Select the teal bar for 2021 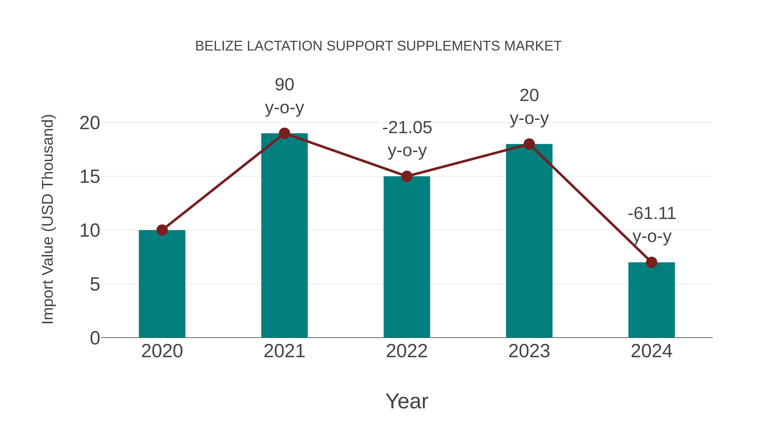(x=284, y=235)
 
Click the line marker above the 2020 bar (x=162, y=230)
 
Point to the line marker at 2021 (x=284, y=133)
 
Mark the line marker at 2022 (x=407, y=177)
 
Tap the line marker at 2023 (x=529, y=144)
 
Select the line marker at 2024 (x=651, y=262)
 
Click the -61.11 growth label (x=651, y=214)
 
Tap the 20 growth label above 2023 (x=529, y=96)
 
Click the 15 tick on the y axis (x=90, y=177)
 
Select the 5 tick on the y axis (x=95, y=285)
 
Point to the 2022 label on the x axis (x=407, y=351)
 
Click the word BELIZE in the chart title (x=219, y=46)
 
